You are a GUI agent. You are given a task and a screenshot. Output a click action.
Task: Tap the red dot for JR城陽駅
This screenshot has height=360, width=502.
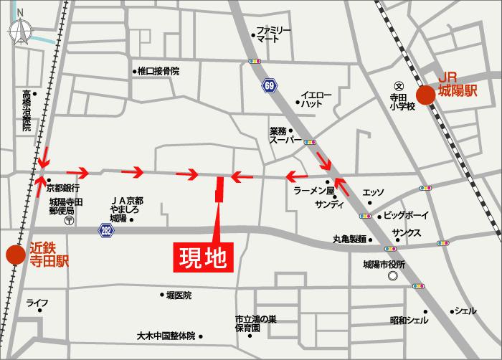click(x=426, y=95)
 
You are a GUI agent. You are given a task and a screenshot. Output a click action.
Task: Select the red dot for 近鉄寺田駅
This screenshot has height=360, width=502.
click(x=13, y=255)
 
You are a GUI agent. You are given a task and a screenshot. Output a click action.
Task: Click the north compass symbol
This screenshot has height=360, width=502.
click(x=19, y=31)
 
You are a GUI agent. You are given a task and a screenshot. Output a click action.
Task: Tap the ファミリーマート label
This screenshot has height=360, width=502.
click(x=273, y=34)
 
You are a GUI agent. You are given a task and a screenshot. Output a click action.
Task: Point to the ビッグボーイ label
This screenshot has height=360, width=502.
click(x=405, y=215)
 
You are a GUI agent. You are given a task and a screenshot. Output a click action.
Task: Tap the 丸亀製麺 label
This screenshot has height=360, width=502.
click(x=349, y=239)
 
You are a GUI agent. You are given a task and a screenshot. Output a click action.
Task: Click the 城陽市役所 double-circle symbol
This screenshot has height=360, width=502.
click(x=392, y=276)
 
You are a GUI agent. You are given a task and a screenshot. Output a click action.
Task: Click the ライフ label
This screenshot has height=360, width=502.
click(x=37, y=303)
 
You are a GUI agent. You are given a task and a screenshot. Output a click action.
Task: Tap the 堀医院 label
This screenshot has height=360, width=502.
click(x=179, y=295)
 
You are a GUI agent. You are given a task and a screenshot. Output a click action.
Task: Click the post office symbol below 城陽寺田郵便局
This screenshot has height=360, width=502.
click(x=68, y=222)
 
